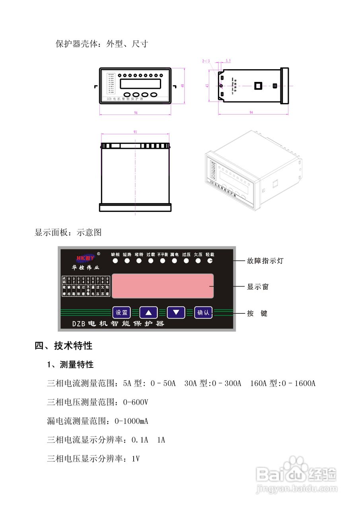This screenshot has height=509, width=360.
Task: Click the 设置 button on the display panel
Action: click(122, 313)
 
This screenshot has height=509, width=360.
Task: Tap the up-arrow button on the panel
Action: click(148, 313)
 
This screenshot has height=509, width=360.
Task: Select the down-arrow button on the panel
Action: click(176, 313)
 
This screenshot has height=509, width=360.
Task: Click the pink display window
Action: click(162, 286)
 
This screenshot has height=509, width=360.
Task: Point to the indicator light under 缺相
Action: click(115, 261)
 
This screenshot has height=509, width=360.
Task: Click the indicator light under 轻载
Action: click(210, 261)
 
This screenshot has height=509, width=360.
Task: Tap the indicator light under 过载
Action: click(151, 261)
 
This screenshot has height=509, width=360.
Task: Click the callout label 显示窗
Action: click(258, 286)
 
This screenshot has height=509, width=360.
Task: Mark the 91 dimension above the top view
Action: click(135, 132)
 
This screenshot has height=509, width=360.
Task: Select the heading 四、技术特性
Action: click(64, 346)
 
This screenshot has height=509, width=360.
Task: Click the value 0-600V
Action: click(136, 402)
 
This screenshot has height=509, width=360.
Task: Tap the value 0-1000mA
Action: click(131, 421)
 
